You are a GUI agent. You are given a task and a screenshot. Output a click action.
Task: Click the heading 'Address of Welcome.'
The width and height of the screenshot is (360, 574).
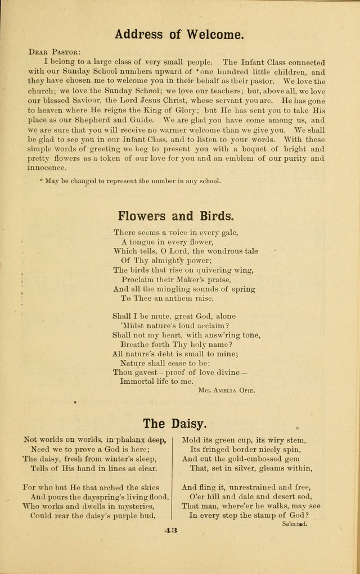(179, 34)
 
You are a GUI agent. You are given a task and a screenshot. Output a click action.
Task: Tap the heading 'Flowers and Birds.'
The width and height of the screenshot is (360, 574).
(176, 216)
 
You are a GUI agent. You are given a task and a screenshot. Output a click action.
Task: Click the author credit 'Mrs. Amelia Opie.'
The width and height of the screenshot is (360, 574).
(227, 390)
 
